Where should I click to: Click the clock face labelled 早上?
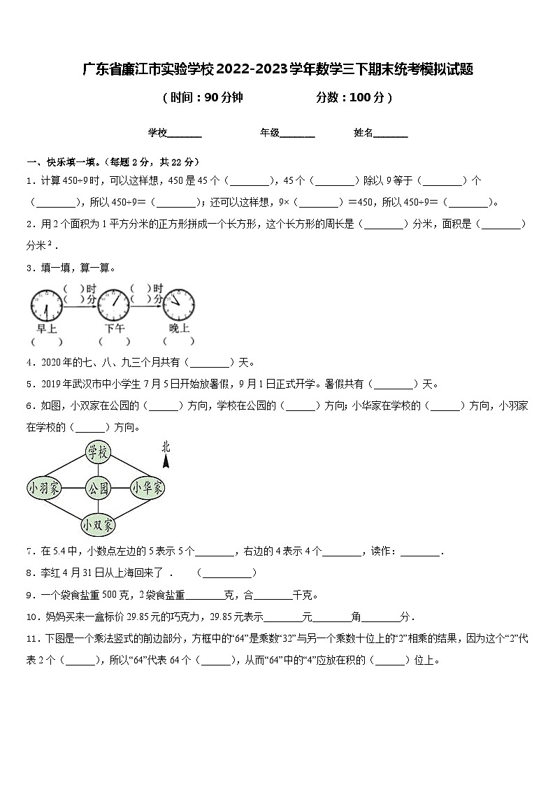pos(46,305)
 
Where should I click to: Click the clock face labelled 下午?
pos(114,305)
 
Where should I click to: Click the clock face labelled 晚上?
pos(179,305)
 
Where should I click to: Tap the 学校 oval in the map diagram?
pos(98,453)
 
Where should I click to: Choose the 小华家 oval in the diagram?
pos(148,488)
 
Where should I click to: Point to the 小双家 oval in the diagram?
pos(98,524)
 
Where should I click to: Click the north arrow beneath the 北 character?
pos(166,461)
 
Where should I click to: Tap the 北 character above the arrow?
pos(166,447)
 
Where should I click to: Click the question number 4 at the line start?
pos(30,363)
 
